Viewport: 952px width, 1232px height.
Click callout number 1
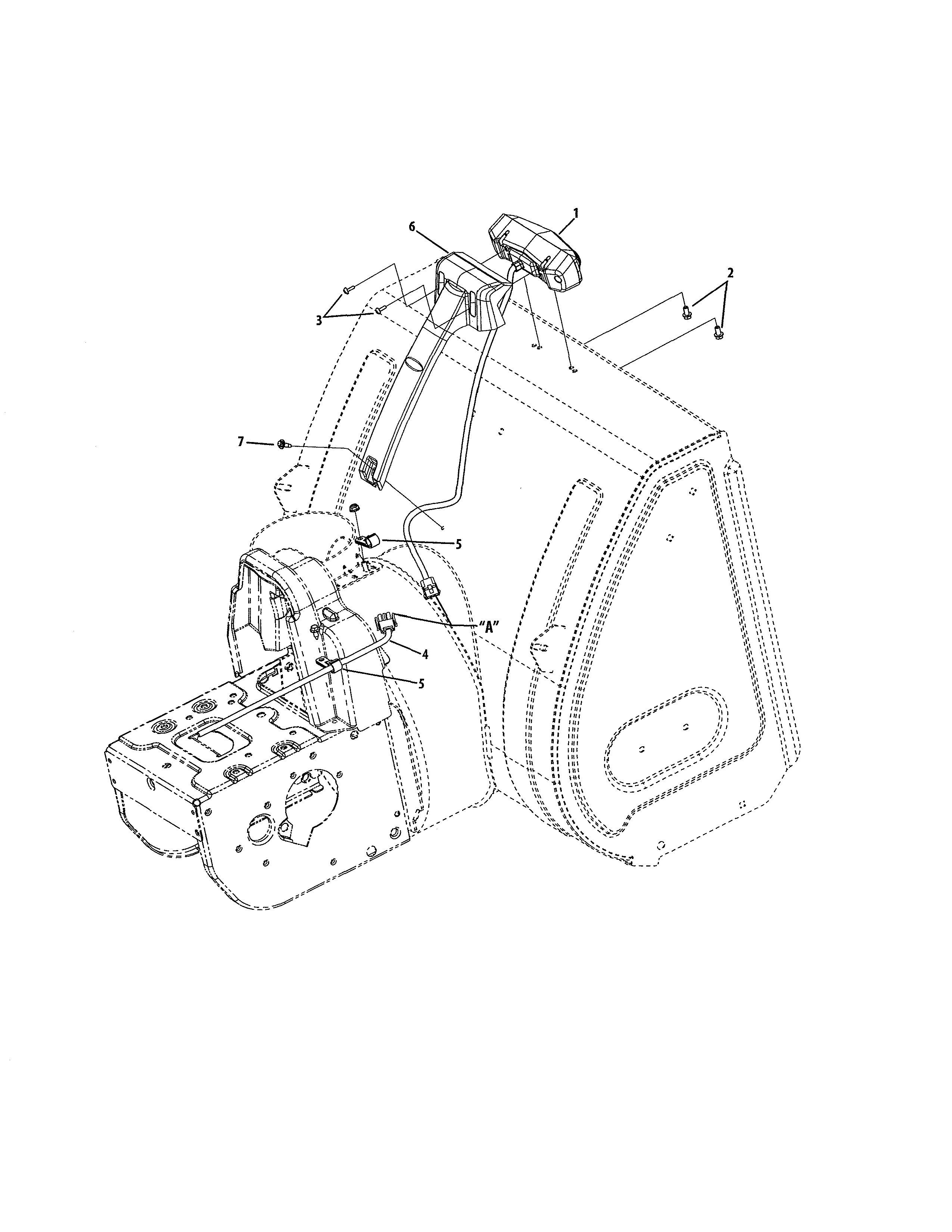pos(576,213)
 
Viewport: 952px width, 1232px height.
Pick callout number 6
pos(412,226)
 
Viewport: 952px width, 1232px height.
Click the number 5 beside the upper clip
pos(458,544)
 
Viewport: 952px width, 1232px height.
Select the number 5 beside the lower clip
pos(421,683)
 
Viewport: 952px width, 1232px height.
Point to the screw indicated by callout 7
pos(283,446)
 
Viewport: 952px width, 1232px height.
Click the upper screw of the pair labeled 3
pos(346,290)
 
